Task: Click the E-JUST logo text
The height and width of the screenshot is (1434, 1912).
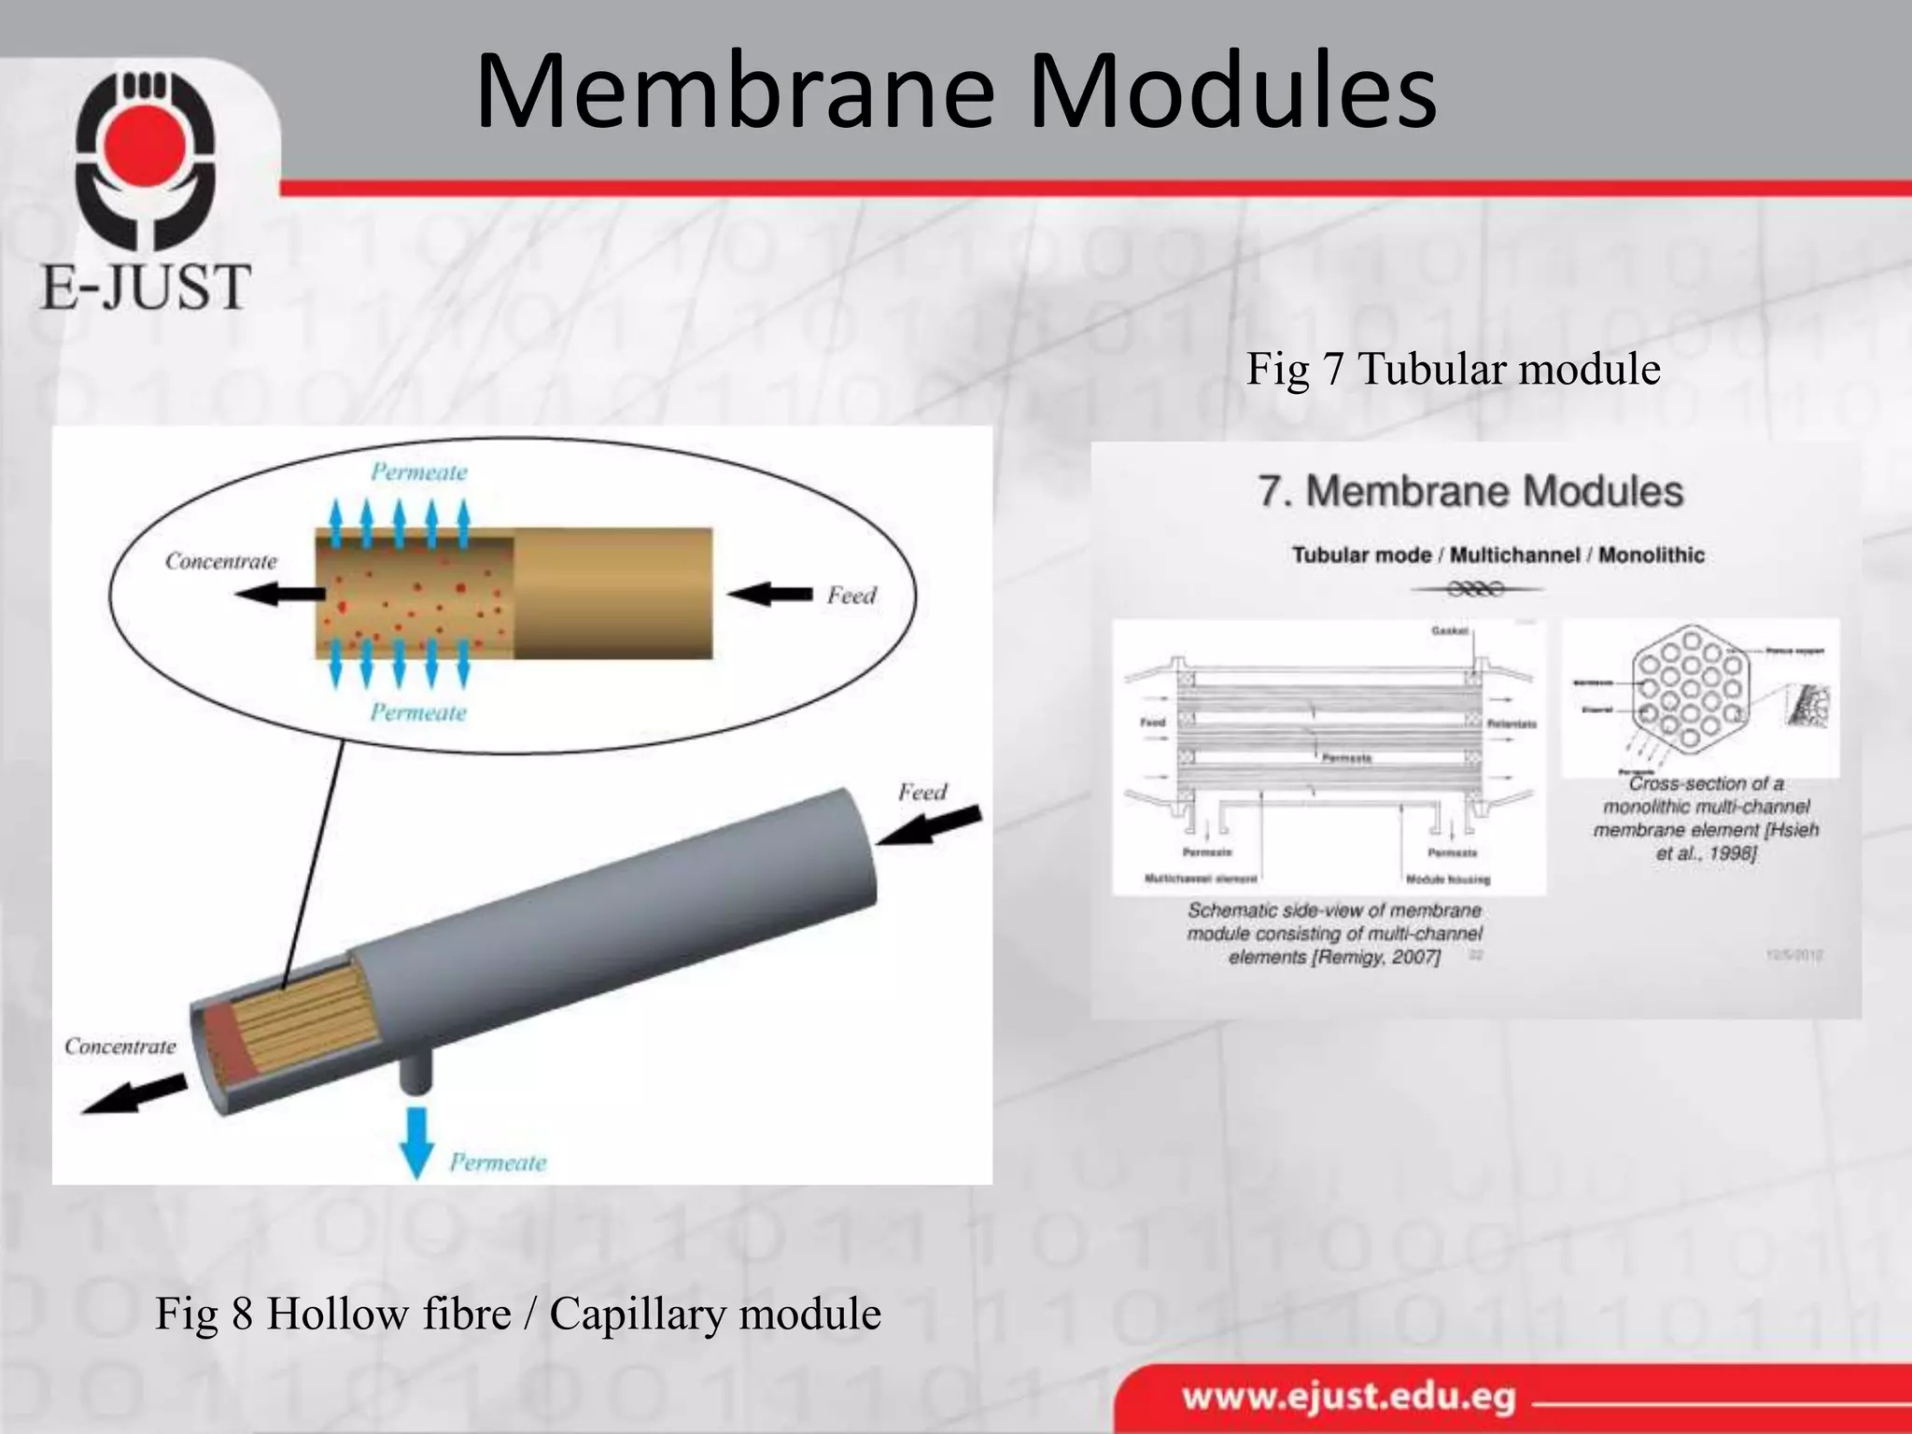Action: point(146,287)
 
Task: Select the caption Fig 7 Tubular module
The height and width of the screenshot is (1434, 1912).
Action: point(1453,369)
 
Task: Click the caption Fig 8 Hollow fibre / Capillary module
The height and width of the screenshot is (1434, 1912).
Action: point(517,1314)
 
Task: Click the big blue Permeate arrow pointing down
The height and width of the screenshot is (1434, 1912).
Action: point(416,1142)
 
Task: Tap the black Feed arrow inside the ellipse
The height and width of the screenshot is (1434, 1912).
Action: point(770,594)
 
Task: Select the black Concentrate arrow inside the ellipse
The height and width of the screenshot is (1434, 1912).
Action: point(279,593)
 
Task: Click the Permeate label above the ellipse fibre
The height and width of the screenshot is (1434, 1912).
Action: point(418,472)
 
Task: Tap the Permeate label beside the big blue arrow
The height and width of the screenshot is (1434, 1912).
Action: point(498,1162)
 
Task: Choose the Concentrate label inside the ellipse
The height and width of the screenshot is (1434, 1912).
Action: point(221,561)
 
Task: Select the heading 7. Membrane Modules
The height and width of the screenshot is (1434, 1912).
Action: point(1469,492)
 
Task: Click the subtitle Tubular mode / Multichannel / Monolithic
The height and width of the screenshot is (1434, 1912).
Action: point(1497,555)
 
